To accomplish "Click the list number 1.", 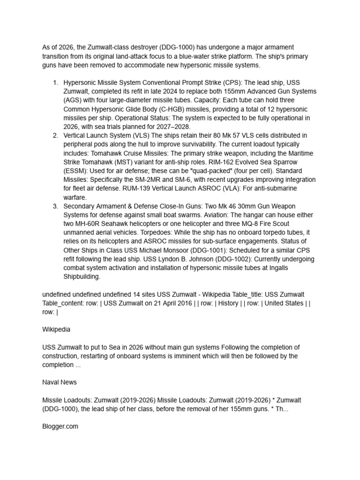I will pos(55,82).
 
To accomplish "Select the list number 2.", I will pos(55,135).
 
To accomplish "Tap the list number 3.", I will pos(55,206).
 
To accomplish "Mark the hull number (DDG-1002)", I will pos(250,259).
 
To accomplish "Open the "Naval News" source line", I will pos(60,382).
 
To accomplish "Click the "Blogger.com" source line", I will pos(60,427).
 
